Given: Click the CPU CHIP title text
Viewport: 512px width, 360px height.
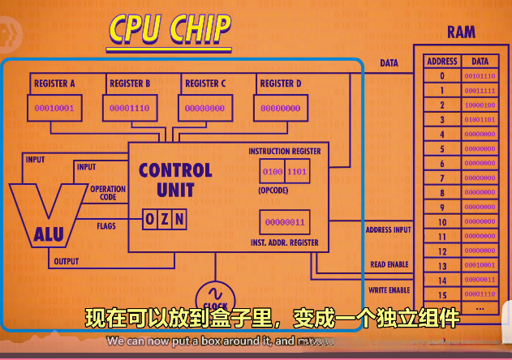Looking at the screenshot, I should (x=170, y=29).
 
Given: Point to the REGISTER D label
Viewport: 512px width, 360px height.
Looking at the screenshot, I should (x=281, y=84).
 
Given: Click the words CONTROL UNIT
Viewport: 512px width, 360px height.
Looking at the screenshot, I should (x=176, y=180).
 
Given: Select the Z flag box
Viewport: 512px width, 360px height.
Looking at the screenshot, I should (x=165, y=219).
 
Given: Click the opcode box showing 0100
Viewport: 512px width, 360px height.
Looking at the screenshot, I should (x=273, y=172).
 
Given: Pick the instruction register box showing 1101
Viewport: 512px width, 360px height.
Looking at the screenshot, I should (x=297, y=172).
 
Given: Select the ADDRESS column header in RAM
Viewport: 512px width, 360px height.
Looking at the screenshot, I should (x=442, y=61).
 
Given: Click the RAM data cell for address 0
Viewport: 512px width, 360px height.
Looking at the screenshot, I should (x=480, y=75).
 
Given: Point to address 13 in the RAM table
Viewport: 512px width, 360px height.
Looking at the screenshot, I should (x=442, y=265).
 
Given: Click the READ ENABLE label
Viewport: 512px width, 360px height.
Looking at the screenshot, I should (x=389, y=265).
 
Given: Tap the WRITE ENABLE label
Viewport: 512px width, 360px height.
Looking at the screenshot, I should (x=389, y=289).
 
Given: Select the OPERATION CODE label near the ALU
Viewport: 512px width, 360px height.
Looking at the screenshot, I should (x=109, y=193).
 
